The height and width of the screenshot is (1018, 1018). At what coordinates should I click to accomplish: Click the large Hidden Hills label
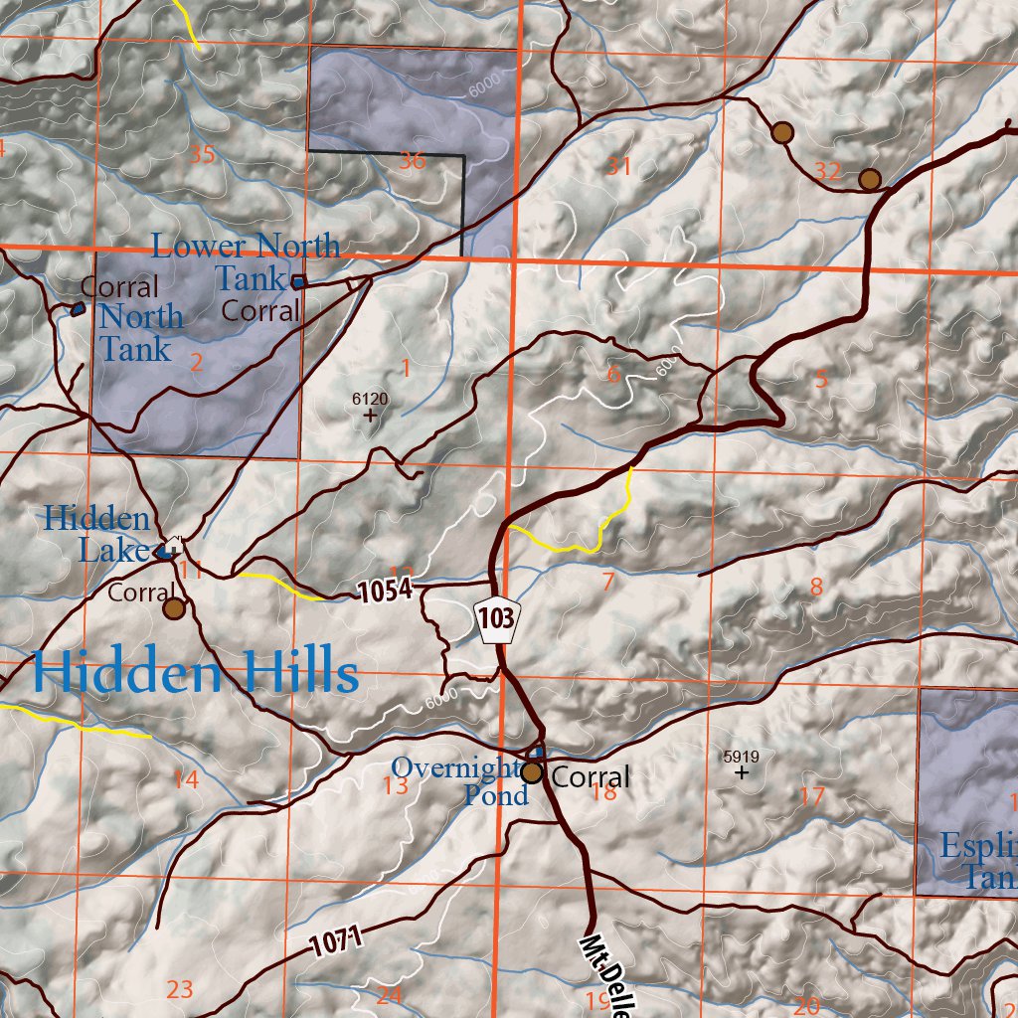click(195, 673)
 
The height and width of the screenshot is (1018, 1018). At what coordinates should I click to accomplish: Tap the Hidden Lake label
click(96, 534)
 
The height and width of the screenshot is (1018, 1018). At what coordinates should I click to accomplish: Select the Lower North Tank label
click(245, 261)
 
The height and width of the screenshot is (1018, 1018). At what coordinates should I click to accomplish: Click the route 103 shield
click(495, 619)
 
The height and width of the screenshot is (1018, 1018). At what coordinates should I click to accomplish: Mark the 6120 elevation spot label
click(370, 400)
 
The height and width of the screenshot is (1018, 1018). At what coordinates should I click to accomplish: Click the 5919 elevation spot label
click(741, 757)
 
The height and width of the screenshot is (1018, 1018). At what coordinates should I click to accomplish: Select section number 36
click(413, 161)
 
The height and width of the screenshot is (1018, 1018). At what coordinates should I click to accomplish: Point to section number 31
click(619, 166)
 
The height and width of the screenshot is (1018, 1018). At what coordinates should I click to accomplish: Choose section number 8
click(816, 588)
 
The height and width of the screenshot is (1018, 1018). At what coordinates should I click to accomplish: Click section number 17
click(812, 796)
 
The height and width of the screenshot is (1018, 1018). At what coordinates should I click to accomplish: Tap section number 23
click(180, 989)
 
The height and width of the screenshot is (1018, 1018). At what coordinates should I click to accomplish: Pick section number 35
click(202, 155)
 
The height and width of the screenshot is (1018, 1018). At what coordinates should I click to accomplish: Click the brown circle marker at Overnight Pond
click(533, 772)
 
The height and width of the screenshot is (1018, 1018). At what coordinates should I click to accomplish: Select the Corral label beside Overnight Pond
click(591, 776)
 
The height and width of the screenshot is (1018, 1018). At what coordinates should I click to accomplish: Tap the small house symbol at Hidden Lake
click(174, 545)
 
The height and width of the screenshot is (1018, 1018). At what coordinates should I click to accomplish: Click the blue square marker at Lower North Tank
click(297, 282)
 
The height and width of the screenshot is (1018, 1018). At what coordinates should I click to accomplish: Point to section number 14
click(185, 780)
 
